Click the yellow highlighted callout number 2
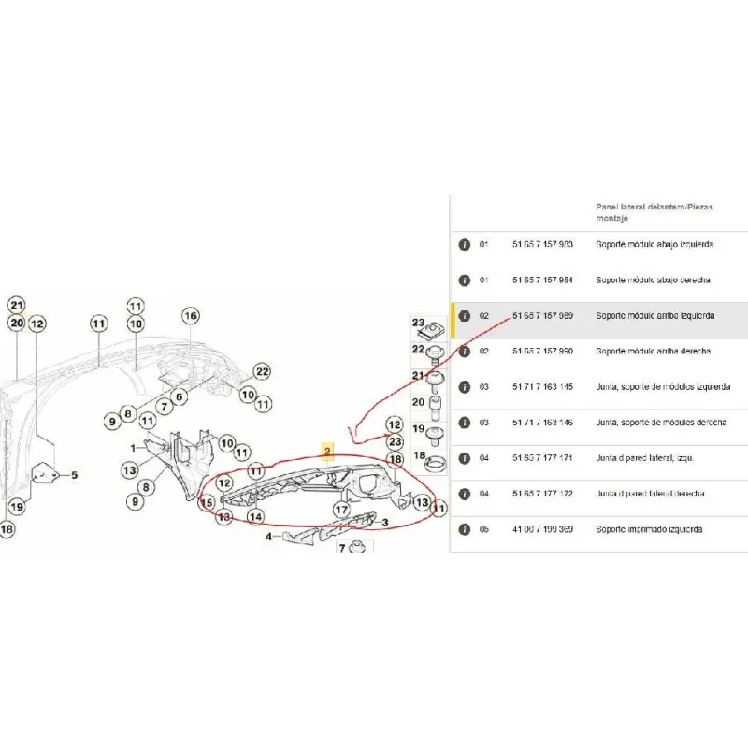click(x=327, y=452)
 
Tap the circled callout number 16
click(x=191, y=316)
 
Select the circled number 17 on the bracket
click(x=342, y=510)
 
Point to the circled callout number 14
click(x=255, y=516)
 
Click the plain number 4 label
click(x=268, y=537)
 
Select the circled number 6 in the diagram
click(x=180, y=396)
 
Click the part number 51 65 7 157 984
click(x=542, y=280)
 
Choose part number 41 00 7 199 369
click(x=542, y=529)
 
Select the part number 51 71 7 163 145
click(x=542, y=386)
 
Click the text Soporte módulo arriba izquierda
click(x=655, y=316)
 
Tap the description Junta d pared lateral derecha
click(x=651, y=493)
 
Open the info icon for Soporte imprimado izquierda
click(x=463, y=529)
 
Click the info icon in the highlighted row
click(x=463, y=316)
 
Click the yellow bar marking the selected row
click(x=453, y=319)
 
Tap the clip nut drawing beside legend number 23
click(x=432, y=331)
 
